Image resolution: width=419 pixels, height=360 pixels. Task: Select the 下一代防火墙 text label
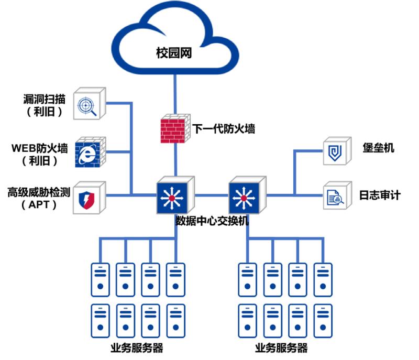pos(224,128)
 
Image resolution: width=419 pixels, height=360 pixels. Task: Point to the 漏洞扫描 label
pos(45,98)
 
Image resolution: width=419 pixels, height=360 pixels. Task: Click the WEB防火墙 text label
pos(40,147)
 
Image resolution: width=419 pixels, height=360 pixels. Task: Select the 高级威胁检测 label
pos(39,192)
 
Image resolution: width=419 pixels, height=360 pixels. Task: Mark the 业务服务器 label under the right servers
pos(281,348)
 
